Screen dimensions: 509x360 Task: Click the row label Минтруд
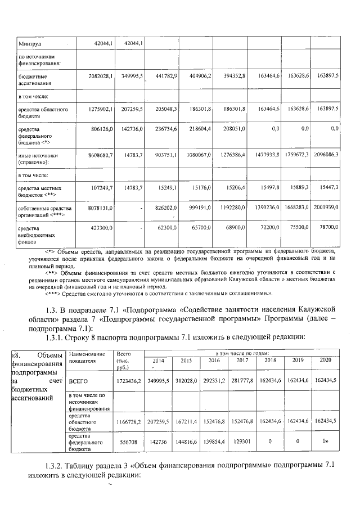point(30,43)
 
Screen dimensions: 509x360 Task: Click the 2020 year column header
point(326,360)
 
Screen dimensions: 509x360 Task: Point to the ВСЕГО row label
point(79,381)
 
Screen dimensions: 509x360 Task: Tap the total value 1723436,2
point(128,381)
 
